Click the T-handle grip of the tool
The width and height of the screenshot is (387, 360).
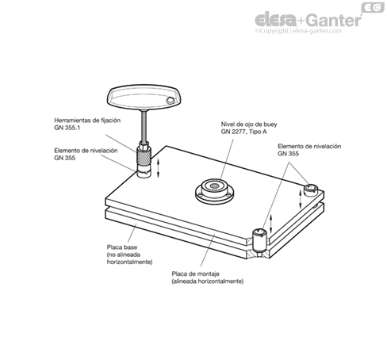coord(144,97)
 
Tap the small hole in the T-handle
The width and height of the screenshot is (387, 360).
coord(170,101)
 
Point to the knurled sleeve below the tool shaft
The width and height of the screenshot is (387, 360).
coord(144,156)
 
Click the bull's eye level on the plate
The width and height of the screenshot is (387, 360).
coord(215,191)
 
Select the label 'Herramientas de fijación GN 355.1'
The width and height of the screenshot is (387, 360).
coord(87,124)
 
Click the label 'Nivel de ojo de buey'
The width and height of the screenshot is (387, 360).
coord(249,124)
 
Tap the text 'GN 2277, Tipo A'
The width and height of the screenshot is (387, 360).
coord(244,132)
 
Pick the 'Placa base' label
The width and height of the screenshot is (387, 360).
coord(122,247)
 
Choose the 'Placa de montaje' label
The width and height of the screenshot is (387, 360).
coord(196,274)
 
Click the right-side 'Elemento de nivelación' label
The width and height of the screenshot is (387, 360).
coord(309,147)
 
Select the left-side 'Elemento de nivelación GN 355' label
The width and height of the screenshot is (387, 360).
coord(86,154)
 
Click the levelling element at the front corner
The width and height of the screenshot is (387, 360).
coord(259,241)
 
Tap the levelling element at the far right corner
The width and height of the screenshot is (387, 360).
coord(310,190)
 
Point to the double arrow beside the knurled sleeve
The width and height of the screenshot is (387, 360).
coord(159,168)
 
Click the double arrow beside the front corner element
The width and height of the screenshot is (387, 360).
coord(270,223)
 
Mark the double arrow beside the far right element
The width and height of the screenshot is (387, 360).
coord(301,199)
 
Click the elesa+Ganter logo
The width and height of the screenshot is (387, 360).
coord(308,20)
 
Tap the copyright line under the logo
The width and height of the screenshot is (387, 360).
coord(298,31)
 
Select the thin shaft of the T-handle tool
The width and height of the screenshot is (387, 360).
coord(144,126)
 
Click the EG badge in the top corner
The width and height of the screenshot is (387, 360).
coord(373,7)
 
